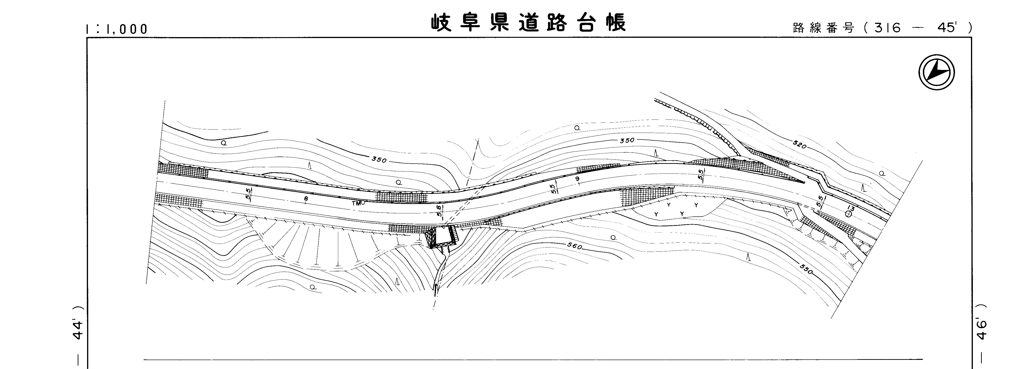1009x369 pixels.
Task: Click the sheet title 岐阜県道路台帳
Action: (529, 23)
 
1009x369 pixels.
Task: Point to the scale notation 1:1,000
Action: (117, 29)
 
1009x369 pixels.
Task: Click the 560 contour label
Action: (575, 247)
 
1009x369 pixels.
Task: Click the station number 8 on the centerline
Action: (306, 199)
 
